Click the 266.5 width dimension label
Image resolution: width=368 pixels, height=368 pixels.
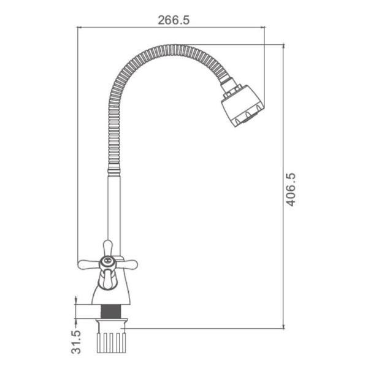174,20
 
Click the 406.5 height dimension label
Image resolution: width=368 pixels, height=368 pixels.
291,190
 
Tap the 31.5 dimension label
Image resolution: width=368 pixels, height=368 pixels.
76,342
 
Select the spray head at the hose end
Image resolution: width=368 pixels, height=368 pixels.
243,106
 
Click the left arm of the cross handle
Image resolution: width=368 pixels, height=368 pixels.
88,264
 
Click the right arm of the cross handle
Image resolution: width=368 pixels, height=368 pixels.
126,264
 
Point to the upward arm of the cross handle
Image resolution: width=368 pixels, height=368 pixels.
108,248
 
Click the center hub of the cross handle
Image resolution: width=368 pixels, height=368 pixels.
107,263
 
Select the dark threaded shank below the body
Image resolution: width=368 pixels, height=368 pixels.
111,312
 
